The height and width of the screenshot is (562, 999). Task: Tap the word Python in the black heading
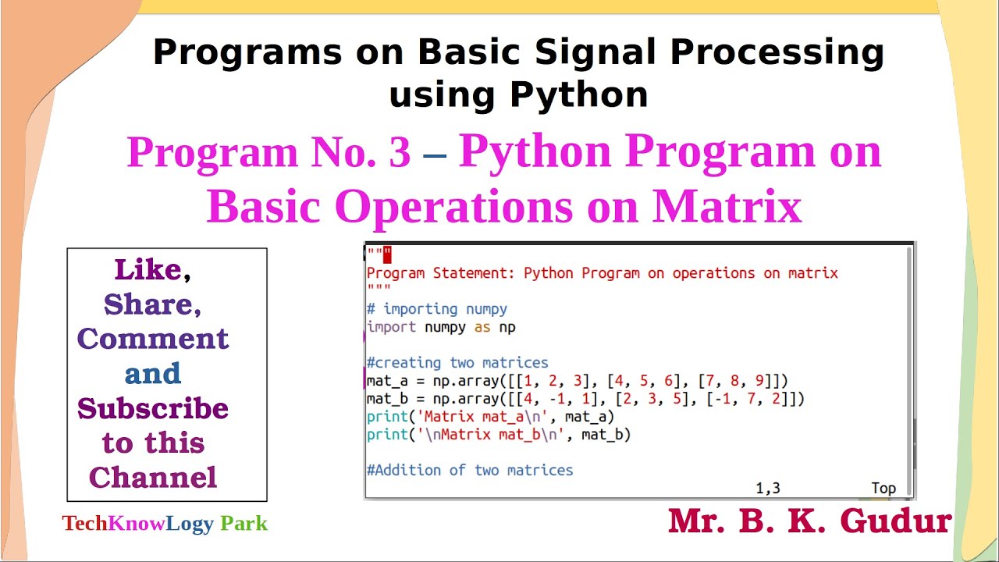point(578,94)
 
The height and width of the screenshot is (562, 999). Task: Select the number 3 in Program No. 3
point(399,152)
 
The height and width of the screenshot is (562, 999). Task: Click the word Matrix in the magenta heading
point(727,206)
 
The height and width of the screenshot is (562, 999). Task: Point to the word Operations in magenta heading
point(489,206)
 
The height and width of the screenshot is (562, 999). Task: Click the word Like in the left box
point(148,270)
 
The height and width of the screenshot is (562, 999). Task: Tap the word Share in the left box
point(148,304)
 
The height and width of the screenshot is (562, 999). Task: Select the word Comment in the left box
point(153,339)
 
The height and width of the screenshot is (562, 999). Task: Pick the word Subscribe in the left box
point(153,408)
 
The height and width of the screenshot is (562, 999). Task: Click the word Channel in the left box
point(153,477)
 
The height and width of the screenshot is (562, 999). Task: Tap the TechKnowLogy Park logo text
point(165,523)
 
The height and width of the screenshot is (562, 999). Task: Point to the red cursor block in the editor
point(387,254)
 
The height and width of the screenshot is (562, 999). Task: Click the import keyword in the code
point(391,327)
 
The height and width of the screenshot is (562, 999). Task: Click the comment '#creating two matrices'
point(457,363)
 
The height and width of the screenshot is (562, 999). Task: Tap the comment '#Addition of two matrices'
point(470,470)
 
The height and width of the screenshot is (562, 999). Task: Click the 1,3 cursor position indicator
point(767,489)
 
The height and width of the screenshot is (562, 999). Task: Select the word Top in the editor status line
point(883,489)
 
